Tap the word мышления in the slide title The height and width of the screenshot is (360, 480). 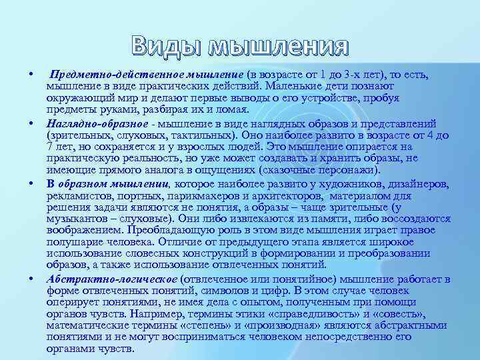[x=279, y=47]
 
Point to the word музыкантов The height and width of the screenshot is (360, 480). [x=76, y=219]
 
